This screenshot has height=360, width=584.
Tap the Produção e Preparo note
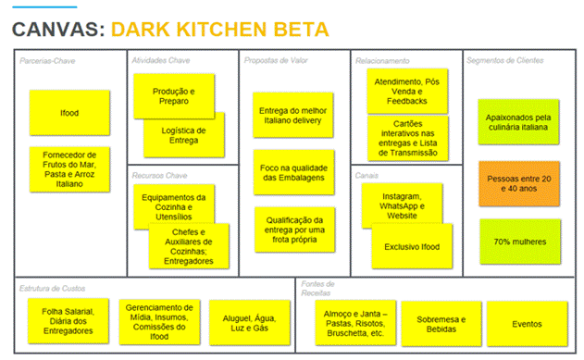point(173,96)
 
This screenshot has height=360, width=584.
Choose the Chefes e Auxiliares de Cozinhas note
point(189,245)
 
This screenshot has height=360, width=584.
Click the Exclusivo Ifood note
point(412,246)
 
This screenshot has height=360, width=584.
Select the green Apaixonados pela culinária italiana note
point(519,121)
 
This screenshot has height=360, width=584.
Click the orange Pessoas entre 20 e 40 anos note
point(519,182)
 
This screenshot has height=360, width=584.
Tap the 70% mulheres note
point(519,242)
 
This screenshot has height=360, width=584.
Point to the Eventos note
point(527,323)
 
